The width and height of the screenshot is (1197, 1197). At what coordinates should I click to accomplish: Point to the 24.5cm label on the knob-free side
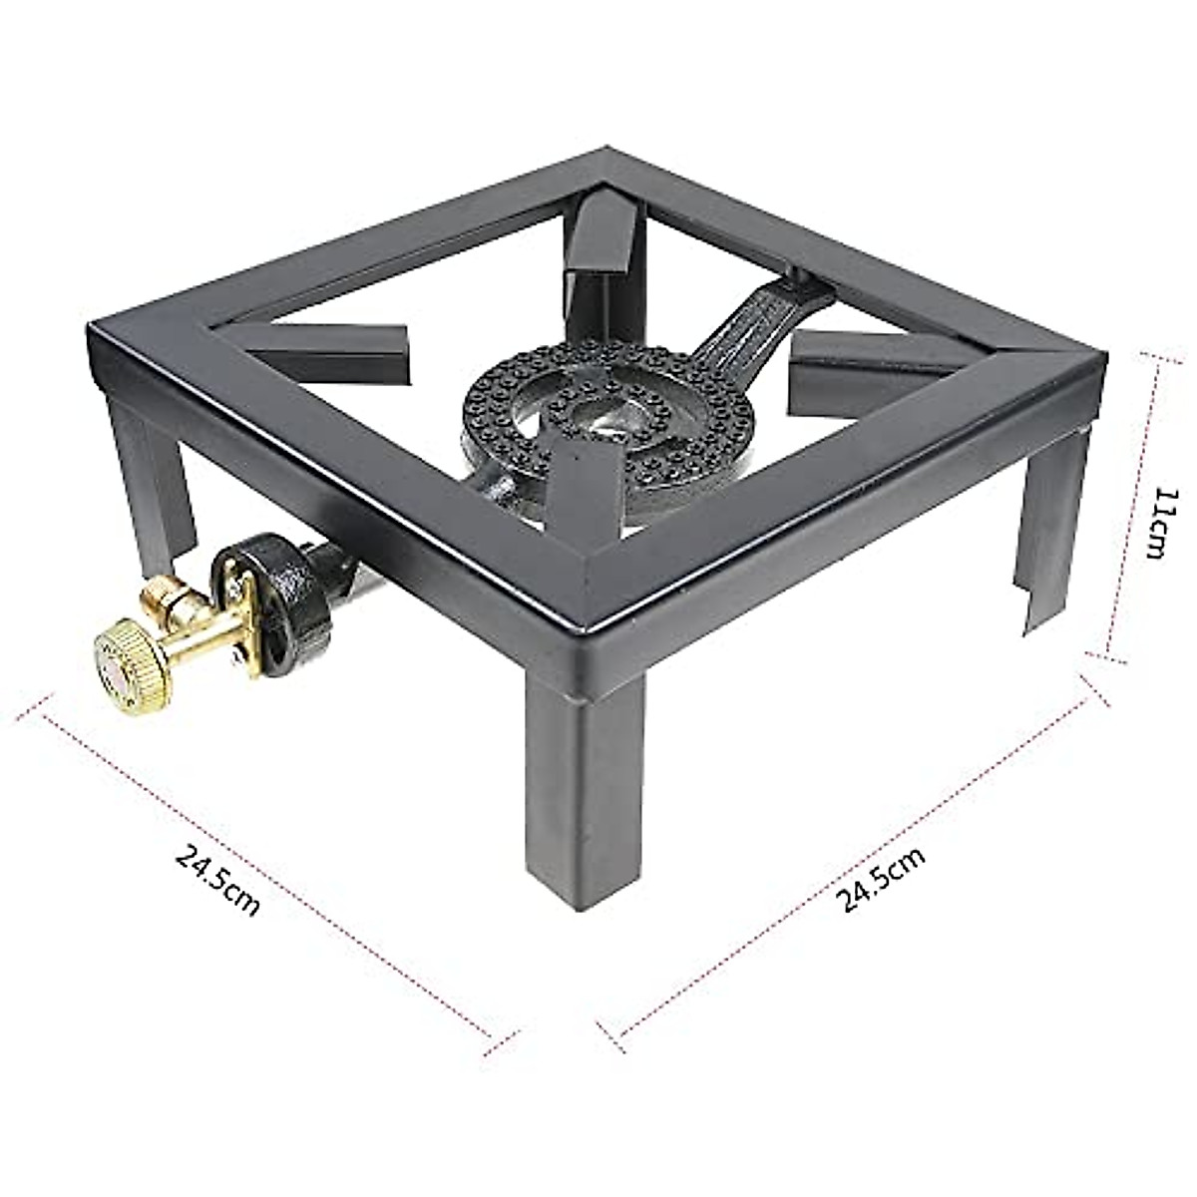pyautogui.click(x=882, y=878)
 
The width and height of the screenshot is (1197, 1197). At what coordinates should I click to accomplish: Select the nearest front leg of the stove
pyautogui.click(x=585, y=788)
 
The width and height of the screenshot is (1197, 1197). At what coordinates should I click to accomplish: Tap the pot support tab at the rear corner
pyautogui.click(x=603, y=249)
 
